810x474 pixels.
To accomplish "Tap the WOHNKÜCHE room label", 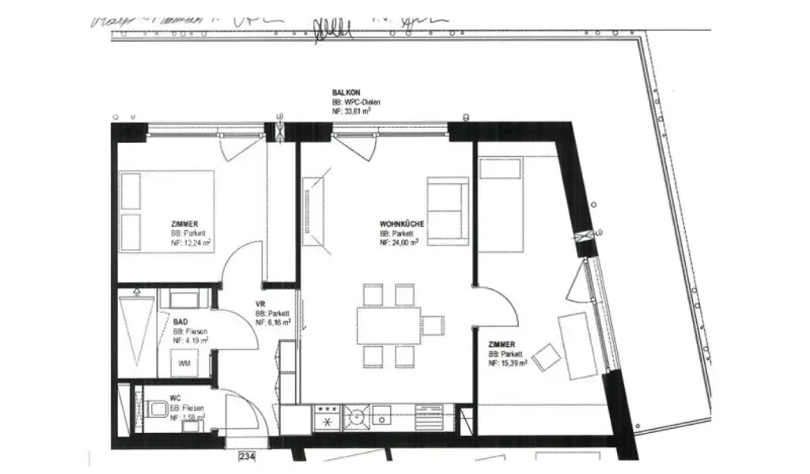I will pos(402,224).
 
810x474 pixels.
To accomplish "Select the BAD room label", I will pos(180,322).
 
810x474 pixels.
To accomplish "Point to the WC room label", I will pos(176,398).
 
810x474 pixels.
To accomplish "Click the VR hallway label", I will pos(259,304).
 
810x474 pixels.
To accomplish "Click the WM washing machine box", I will pos(184,363).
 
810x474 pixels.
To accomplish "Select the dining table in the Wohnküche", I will pos(388,325).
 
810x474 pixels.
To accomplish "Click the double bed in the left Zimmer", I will pos(167,211).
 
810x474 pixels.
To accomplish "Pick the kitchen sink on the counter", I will pos(382,416).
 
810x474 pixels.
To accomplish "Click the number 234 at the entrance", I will pos(246,455).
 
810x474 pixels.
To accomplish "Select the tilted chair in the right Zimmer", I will pos(546,358).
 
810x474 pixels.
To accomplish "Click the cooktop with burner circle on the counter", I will pos(355,416).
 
